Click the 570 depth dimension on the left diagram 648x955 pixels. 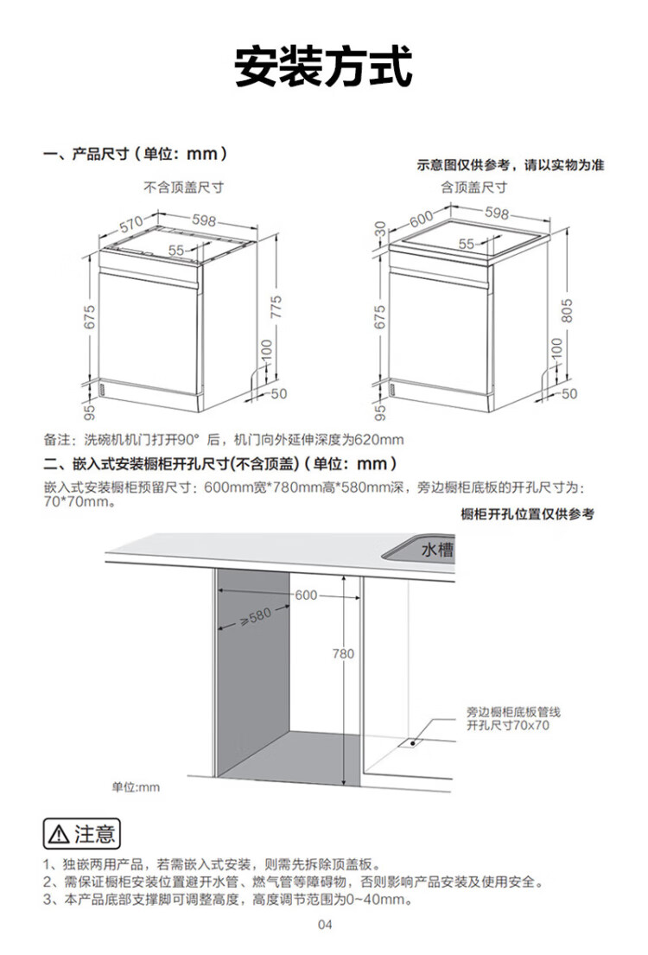coord(131,224)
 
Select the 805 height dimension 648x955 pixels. coord(567,310)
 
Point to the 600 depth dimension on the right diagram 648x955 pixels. coord(421,218)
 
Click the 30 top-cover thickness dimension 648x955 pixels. coord(380,230)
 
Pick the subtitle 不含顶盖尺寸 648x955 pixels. coord(183,187)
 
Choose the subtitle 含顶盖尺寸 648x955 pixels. coord(473,187)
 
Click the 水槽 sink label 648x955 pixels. coord(437,550)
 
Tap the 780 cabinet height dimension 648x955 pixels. coord(343,653)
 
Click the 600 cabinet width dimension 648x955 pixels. coord(307,595)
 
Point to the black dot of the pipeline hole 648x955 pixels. coord(413,742)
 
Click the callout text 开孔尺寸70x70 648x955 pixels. coord(508,725)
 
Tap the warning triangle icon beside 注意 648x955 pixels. coord(59,834)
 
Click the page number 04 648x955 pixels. coord(325,925)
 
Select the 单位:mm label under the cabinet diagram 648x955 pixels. coord(135,787)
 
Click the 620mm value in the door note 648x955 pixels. coord(378,439)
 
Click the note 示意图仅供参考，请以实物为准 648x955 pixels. coord(511,165)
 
